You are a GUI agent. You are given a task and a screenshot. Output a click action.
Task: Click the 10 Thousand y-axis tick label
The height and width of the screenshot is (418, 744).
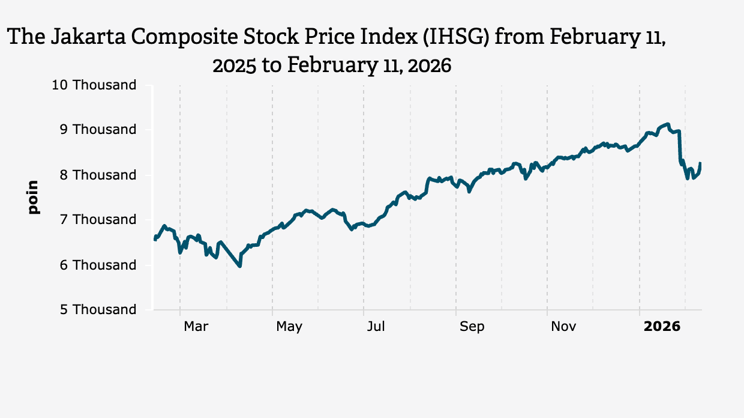coord(94,85)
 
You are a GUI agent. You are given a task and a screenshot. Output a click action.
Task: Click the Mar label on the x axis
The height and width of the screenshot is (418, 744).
coord(196,327)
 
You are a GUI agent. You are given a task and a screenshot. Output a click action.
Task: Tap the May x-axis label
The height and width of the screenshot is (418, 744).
coord(289,327)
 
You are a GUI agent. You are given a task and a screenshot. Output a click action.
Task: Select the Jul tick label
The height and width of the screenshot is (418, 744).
coord(376,327)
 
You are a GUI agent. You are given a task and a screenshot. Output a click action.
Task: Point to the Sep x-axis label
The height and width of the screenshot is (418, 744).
coord(472,327)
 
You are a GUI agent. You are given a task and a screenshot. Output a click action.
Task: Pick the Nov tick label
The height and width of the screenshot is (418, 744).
coord(563,327)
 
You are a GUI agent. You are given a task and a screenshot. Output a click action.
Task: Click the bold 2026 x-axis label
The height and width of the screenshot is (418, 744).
coord(662,327)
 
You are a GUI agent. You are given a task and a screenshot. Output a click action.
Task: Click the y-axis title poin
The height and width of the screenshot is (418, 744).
coord(33,197)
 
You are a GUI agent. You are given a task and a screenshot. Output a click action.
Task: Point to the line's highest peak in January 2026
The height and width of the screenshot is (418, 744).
coord(668,124)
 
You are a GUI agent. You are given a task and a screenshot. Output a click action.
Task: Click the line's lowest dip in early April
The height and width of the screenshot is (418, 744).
coord(240,266)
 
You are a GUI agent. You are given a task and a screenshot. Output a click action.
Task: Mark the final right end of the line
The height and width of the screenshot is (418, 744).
coord(700,163)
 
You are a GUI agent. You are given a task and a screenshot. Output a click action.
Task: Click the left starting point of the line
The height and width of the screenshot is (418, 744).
coord(155,238)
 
